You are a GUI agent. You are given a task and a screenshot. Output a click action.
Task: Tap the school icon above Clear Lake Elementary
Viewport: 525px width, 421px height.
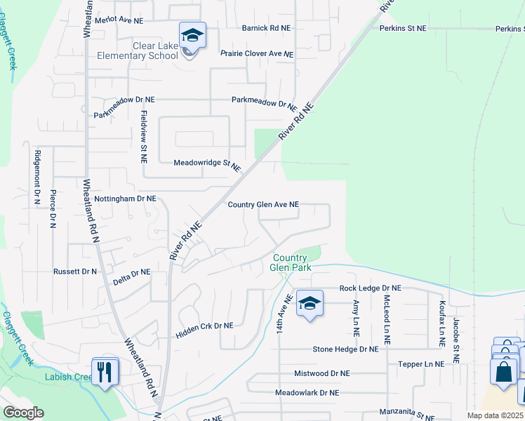point(192,35)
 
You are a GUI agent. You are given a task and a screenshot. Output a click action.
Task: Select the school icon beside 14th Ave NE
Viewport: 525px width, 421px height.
point(309,304)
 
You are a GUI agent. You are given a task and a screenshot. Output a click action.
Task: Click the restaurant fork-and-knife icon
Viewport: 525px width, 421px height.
point(105,370)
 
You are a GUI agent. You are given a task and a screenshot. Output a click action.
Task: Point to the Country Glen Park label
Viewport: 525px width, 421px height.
point(290,262)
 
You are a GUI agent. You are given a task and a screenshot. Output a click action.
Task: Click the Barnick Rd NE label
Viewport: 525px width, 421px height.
point(266,28)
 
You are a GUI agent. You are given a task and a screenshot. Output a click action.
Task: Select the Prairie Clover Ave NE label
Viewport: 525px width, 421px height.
point(256,53)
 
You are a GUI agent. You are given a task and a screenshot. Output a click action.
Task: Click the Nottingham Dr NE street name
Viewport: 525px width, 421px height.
point(125,199)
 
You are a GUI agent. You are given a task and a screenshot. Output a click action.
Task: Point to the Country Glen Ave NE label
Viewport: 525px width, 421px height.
point(263,205)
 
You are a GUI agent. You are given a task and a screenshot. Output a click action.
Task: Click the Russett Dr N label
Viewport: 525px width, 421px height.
point(74,271)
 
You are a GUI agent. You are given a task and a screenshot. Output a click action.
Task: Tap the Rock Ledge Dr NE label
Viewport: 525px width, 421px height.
point(370,288)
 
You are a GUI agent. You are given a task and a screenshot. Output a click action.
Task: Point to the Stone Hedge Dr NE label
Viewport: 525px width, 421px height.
point(345,349)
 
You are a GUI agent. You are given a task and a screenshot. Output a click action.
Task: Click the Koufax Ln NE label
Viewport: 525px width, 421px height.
point(441,324)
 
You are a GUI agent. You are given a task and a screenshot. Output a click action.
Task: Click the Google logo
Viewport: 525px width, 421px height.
point(23,413)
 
